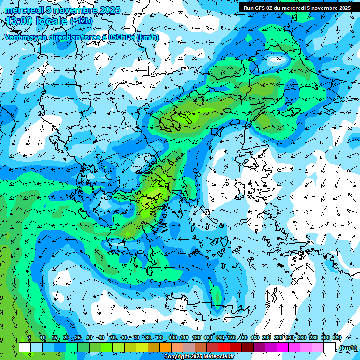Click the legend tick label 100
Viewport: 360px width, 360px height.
pyautogui.click(x=173, y=337)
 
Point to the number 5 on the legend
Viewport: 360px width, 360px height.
pyautogui.click(x=30, y=337)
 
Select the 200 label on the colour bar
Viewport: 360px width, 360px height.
pyautogui.click(x=267, y=337)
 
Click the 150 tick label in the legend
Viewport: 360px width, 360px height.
pyautogui.click(x=232, y=337)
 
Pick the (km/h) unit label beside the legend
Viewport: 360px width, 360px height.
pyautogui.click(x=348, y=348)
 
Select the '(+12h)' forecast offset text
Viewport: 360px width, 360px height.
pyautogui.click(x=81, y=21)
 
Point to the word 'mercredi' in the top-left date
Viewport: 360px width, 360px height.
pyautogui.click(x=21, y=10)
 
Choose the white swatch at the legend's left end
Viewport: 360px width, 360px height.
pyautogui.click(x=25, y=347)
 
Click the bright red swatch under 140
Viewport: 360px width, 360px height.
pyautogui.click(x=224, y=347)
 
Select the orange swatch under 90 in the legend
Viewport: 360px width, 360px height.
pyautogui.click(x=165, y=347)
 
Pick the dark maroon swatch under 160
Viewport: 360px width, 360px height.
pyautogui.click(x=247, y=347)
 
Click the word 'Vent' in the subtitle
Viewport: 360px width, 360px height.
pyautogui.click(x=13, y=37)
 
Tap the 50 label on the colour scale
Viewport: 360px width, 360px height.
pyautogui.click(x=113, y=337)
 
